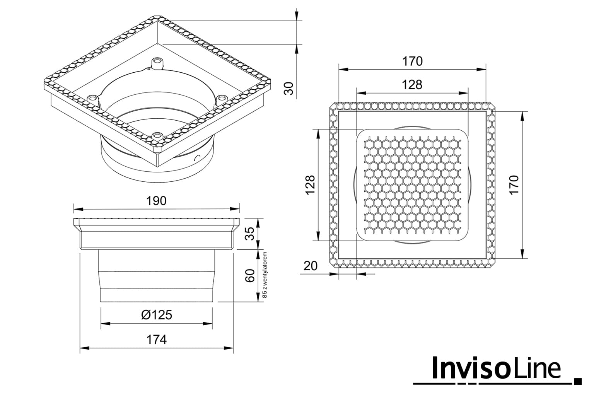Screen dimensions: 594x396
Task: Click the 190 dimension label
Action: [x=157, y=201]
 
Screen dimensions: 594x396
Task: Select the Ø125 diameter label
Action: [x=157, y=315]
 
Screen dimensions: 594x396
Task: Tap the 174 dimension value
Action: [x=157, y=340]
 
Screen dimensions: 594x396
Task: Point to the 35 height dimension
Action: [x=249, y=234]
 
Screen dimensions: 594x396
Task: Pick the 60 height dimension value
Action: [x=249, y=276]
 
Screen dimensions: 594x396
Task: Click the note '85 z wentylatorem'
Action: [x=265, y=275]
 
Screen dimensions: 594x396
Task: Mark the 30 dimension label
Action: [x=289, y=89]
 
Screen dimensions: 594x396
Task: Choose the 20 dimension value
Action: [x=311, y=266]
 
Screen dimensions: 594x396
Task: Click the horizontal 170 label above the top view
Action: [x=412, y=61]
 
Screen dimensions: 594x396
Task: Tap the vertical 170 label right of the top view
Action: [x=514, y=185]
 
